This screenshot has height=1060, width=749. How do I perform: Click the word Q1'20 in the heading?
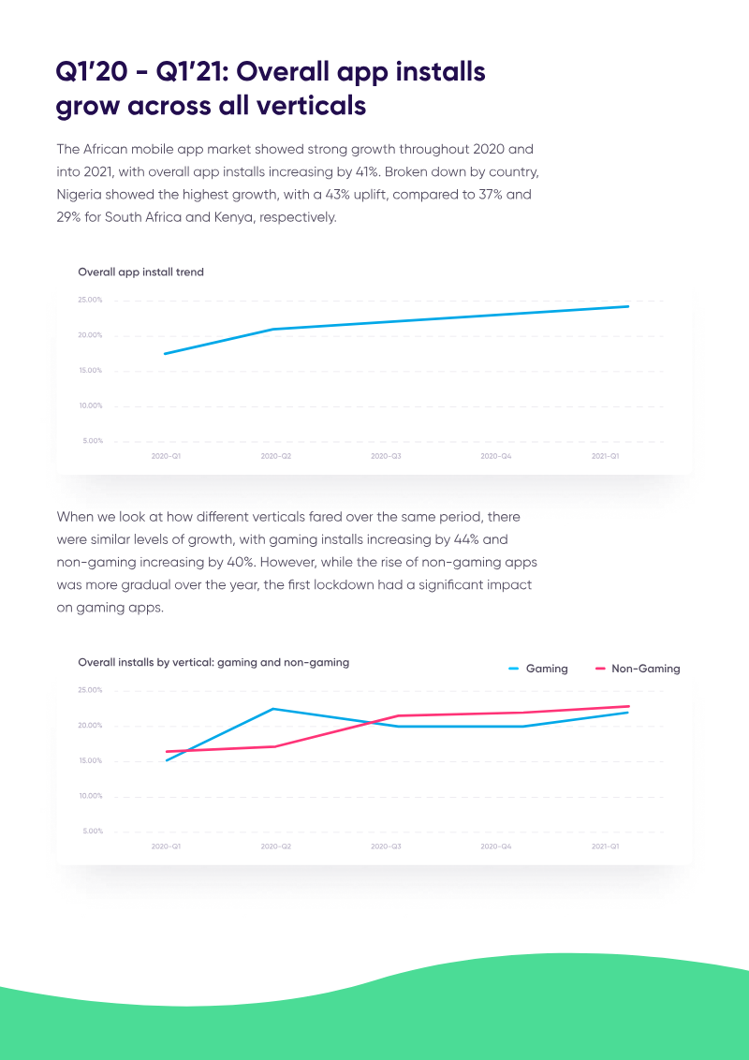[92, 72]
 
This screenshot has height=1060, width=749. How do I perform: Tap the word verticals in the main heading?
[305, 106]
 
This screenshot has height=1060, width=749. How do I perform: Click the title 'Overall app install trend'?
[140, 272]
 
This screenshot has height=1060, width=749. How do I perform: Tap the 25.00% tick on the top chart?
[90, 301]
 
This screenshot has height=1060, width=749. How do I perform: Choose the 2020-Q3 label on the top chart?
[386, 456]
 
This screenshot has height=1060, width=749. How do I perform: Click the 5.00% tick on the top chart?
[93, 441]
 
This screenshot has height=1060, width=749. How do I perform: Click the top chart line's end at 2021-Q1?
[627, 306]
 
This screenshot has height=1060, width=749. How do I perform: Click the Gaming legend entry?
[538, 669]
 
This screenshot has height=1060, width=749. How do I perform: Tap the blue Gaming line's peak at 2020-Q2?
[273, 709]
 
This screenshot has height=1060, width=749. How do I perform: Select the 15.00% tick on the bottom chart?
[90, 761]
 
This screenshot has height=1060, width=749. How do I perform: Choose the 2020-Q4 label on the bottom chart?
[495, 847]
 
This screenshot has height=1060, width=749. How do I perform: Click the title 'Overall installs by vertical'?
[213, 662]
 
